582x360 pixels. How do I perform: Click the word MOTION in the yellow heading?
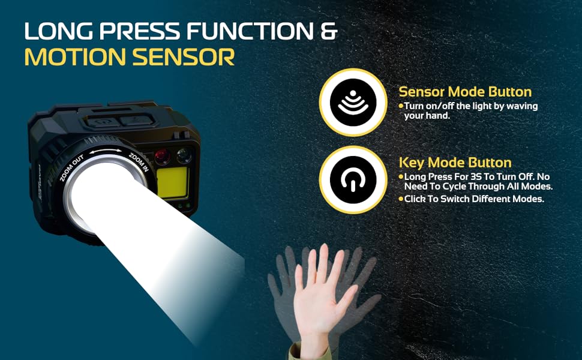tap(75, 57)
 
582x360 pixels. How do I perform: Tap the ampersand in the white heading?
tap(329, 31)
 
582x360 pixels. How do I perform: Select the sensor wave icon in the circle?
tap(353, 103)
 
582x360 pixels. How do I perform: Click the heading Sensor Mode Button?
tap(465, 91)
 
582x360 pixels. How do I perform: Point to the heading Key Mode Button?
tap(455, 163)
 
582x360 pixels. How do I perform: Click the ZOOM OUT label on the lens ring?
tap(72, 168)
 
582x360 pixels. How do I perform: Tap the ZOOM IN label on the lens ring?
tap(139, 162)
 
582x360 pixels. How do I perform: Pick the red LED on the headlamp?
tap(163, 157)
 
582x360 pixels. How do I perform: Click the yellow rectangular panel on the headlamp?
tap(172, 182)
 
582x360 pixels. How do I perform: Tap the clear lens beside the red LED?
tap(184, 155)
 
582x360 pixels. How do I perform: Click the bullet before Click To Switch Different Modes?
tap(401, 199)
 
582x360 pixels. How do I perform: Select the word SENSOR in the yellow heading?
tap(184, 57)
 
